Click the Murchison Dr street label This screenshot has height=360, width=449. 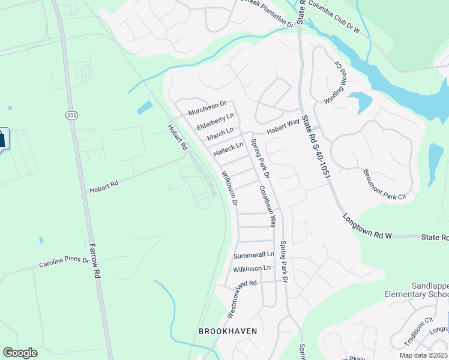pos(210,108)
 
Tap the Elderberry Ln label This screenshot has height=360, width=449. pos(214,122)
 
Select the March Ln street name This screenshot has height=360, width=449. pos(220,134)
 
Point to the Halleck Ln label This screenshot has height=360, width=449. pos(229,149)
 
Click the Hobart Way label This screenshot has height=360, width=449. pos(283,126)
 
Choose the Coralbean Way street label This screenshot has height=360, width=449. pos(268,206)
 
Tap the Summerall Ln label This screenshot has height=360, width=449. pos(253,255)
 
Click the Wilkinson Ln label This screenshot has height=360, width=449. pos(252,268)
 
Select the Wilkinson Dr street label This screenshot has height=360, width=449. pos(230,188)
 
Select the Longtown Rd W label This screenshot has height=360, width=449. pos(367,227)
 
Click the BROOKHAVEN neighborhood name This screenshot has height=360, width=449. pos(228,331)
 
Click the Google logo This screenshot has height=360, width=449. pos(20,353)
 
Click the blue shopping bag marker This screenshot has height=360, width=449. pos(1,139)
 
